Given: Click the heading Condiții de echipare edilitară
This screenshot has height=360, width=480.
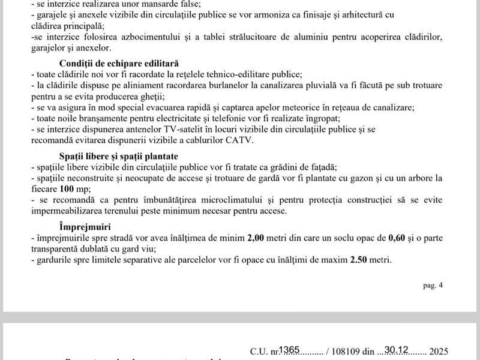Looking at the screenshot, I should [119, 63].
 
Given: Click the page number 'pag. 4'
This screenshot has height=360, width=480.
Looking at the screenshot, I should [433, 286].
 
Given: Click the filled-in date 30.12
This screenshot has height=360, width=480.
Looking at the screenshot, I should [397, 349].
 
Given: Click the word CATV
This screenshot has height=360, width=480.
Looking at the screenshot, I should [240, 141].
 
